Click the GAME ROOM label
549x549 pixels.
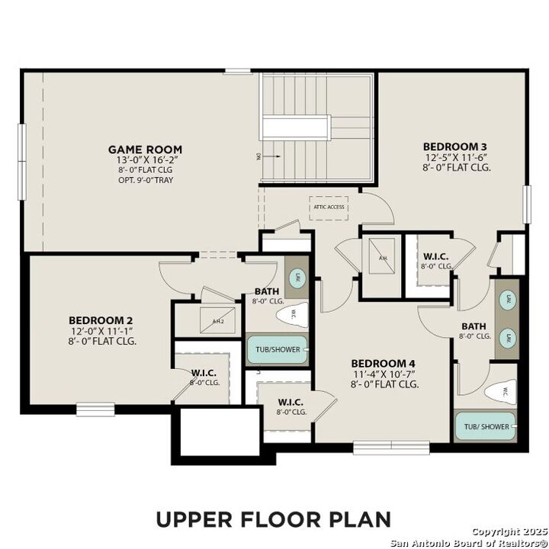pos(144,149)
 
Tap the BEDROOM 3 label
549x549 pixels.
pos(456,146)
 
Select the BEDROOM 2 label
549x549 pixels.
pos(101,320)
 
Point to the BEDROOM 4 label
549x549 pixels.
pos(384,364)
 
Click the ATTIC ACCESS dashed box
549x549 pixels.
pos(329,207)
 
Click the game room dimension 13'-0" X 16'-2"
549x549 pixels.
pos(144,161)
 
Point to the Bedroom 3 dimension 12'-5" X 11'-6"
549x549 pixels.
pos(456,156)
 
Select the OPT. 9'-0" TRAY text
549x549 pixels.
pos(144,182)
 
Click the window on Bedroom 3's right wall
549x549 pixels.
pos(526,204)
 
